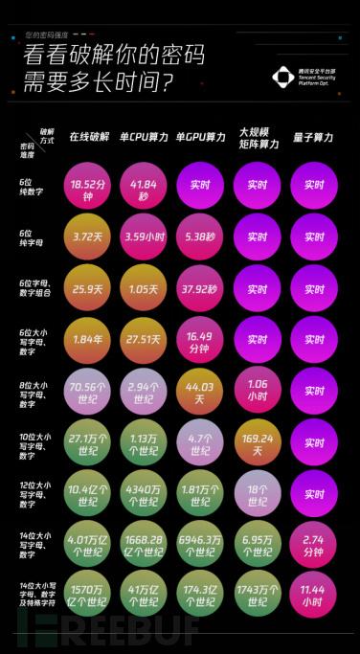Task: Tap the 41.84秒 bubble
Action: (x=144, y=185)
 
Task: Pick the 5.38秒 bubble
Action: (x=200, y=237)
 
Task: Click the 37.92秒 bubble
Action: (x=200, y=287)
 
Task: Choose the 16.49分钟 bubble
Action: (x=200, y=339)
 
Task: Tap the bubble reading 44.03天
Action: (x=200, y=390)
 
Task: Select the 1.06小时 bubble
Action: (x=258, y=390)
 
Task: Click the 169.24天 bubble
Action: (x=258, y=442)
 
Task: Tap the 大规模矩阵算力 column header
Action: (x=258, y=138)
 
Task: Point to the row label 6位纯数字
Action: (x=32, y=184)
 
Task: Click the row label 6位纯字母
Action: (x=32, y=237)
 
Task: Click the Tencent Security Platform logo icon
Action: (x=283, y=76)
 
